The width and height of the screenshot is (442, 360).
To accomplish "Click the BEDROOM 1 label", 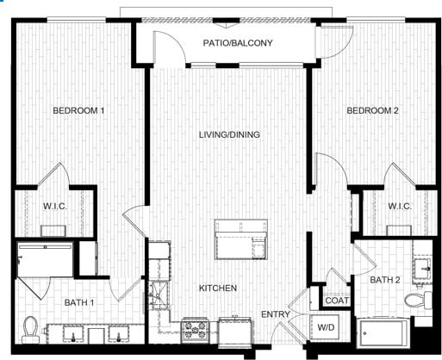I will tap(79, 111).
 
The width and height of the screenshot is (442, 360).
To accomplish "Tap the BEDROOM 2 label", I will tap(372, 111).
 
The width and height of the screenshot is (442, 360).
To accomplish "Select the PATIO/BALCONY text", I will tap(238, 43).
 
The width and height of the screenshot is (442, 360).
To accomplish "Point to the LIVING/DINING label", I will tap(229, 135).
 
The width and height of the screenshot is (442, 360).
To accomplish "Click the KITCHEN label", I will tap(218, 289).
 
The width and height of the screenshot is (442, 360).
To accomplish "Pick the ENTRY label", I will tap(276, 314).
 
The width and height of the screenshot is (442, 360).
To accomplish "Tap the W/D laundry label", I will tap(324, 327).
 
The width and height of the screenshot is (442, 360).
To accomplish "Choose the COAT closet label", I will tap(335, 301).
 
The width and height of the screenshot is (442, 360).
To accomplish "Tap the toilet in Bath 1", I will tap(31, 328).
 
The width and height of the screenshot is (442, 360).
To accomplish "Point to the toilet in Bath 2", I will tap(417, 301).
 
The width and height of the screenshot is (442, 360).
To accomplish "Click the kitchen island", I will tap(240, 239).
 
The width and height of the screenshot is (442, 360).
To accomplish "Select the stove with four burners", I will tap(194, 330).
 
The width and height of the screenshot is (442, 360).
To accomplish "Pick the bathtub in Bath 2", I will tap(385, 332).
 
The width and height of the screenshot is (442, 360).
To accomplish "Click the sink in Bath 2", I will tap(423, 267).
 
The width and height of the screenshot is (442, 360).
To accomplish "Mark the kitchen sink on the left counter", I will tap(159, 292).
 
